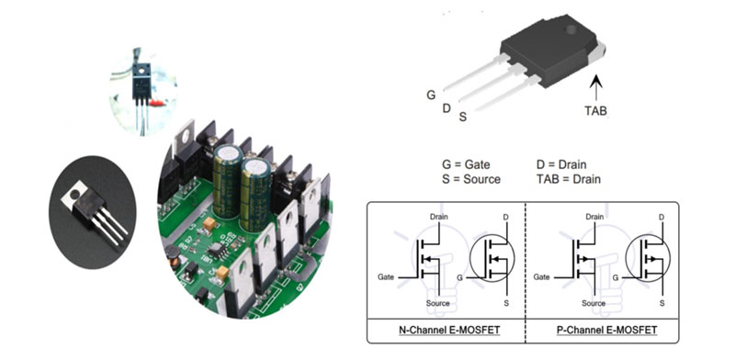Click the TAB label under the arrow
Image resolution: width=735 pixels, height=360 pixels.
tap(595, 110)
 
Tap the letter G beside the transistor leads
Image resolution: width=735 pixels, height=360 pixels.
tap(431, 95)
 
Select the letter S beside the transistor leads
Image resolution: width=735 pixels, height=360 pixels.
tap(462, 117)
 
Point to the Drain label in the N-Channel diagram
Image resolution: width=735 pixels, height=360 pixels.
tap(438, 217)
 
